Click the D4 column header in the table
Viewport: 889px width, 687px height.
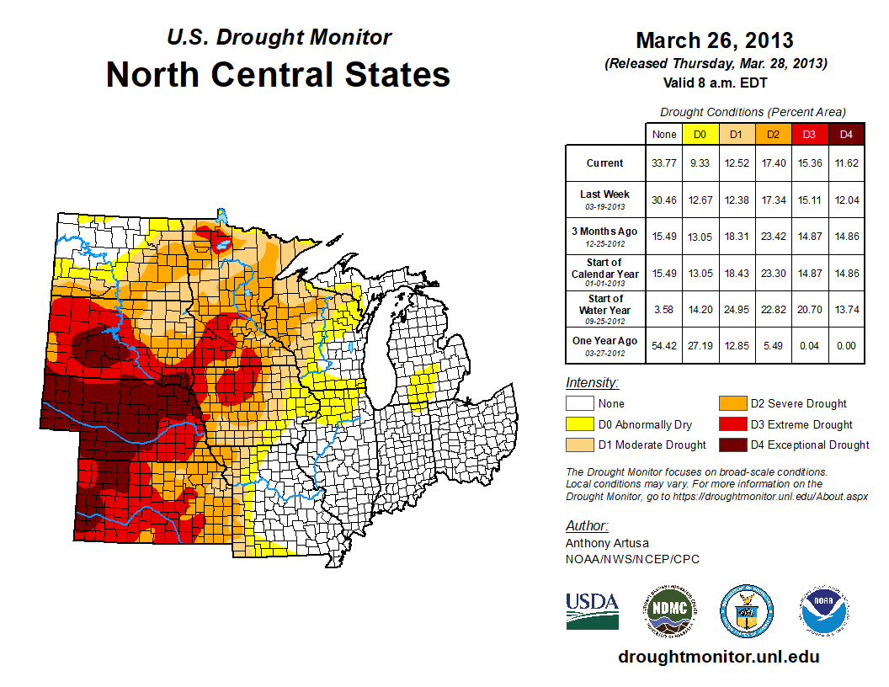click(x=846, y=134)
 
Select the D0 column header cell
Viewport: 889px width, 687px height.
click(x=700, y=134)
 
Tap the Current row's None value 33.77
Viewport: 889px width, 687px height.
click(x=663, y=163)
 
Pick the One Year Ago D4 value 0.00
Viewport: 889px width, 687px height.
click(x=846, y=346)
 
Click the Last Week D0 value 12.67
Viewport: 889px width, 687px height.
click(x=700, y=200)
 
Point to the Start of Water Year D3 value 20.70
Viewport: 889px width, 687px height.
click(x=809, y=310)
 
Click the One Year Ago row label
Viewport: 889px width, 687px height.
click(x=605, y=346)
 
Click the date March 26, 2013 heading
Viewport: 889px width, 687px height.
click(x=714, y=40)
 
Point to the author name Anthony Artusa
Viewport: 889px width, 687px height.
click(x=607, y=543)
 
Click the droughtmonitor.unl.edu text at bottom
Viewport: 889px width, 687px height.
click(x=718, y=657)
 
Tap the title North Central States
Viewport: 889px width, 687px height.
click(x=278, y=74)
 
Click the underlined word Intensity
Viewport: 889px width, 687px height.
click(x=593, y=383)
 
